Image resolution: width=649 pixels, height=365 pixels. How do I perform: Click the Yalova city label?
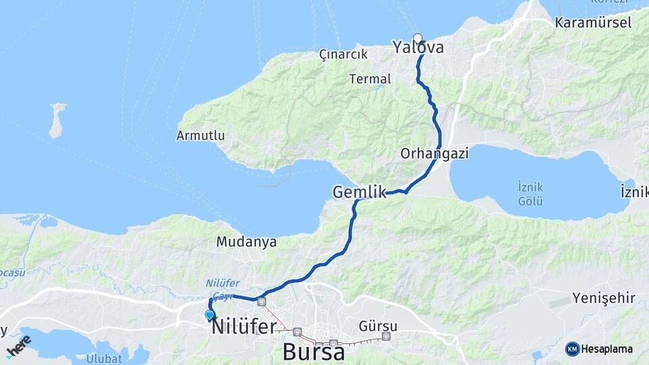coord(418,48)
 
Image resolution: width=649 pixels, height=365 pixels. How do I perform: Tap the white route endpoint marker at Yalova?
coord(418,39)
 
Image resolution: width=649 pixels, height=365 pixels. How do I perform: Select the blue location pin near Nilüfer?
coord(210,314)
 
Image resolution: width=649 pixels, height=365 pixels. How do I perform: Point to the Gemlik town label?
coord(359,193)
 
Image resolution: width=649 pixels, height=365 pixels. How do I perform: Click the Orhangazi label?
coord(435,153)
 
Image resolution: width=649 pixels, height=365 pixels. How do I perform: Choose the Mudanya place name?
coord(246,241)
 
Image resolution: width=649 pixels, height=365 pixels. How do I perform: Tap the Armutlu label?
coord(200,135)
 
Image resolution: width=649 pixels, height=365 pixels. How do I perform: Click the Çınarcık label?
coord(343,54)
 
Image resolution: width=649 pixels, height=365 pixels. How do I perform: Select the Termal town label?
coord(370,79)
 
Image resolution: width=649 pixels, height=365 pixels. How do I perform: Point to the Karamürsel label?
coord(593,22)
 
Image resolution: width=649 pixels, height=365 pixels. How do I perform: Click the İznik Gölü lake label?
coord(530,191)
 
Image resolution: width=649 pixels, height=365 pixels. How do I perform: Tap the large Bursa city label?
coord(314,351)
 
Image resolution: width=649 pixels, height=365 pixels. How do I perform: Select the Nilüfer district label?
coord(244,327)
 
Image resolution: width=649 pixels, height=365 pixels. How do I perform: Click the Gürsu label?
coord(379,326)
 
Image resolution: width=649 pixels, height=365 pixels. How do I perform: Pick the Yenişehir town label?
coord(604,298)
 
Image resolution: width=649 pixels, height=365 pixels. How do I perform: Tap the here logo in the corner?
coord(18,346)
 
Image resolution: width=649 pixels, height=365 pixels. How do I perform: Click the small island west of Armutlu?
coord(57,120)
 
